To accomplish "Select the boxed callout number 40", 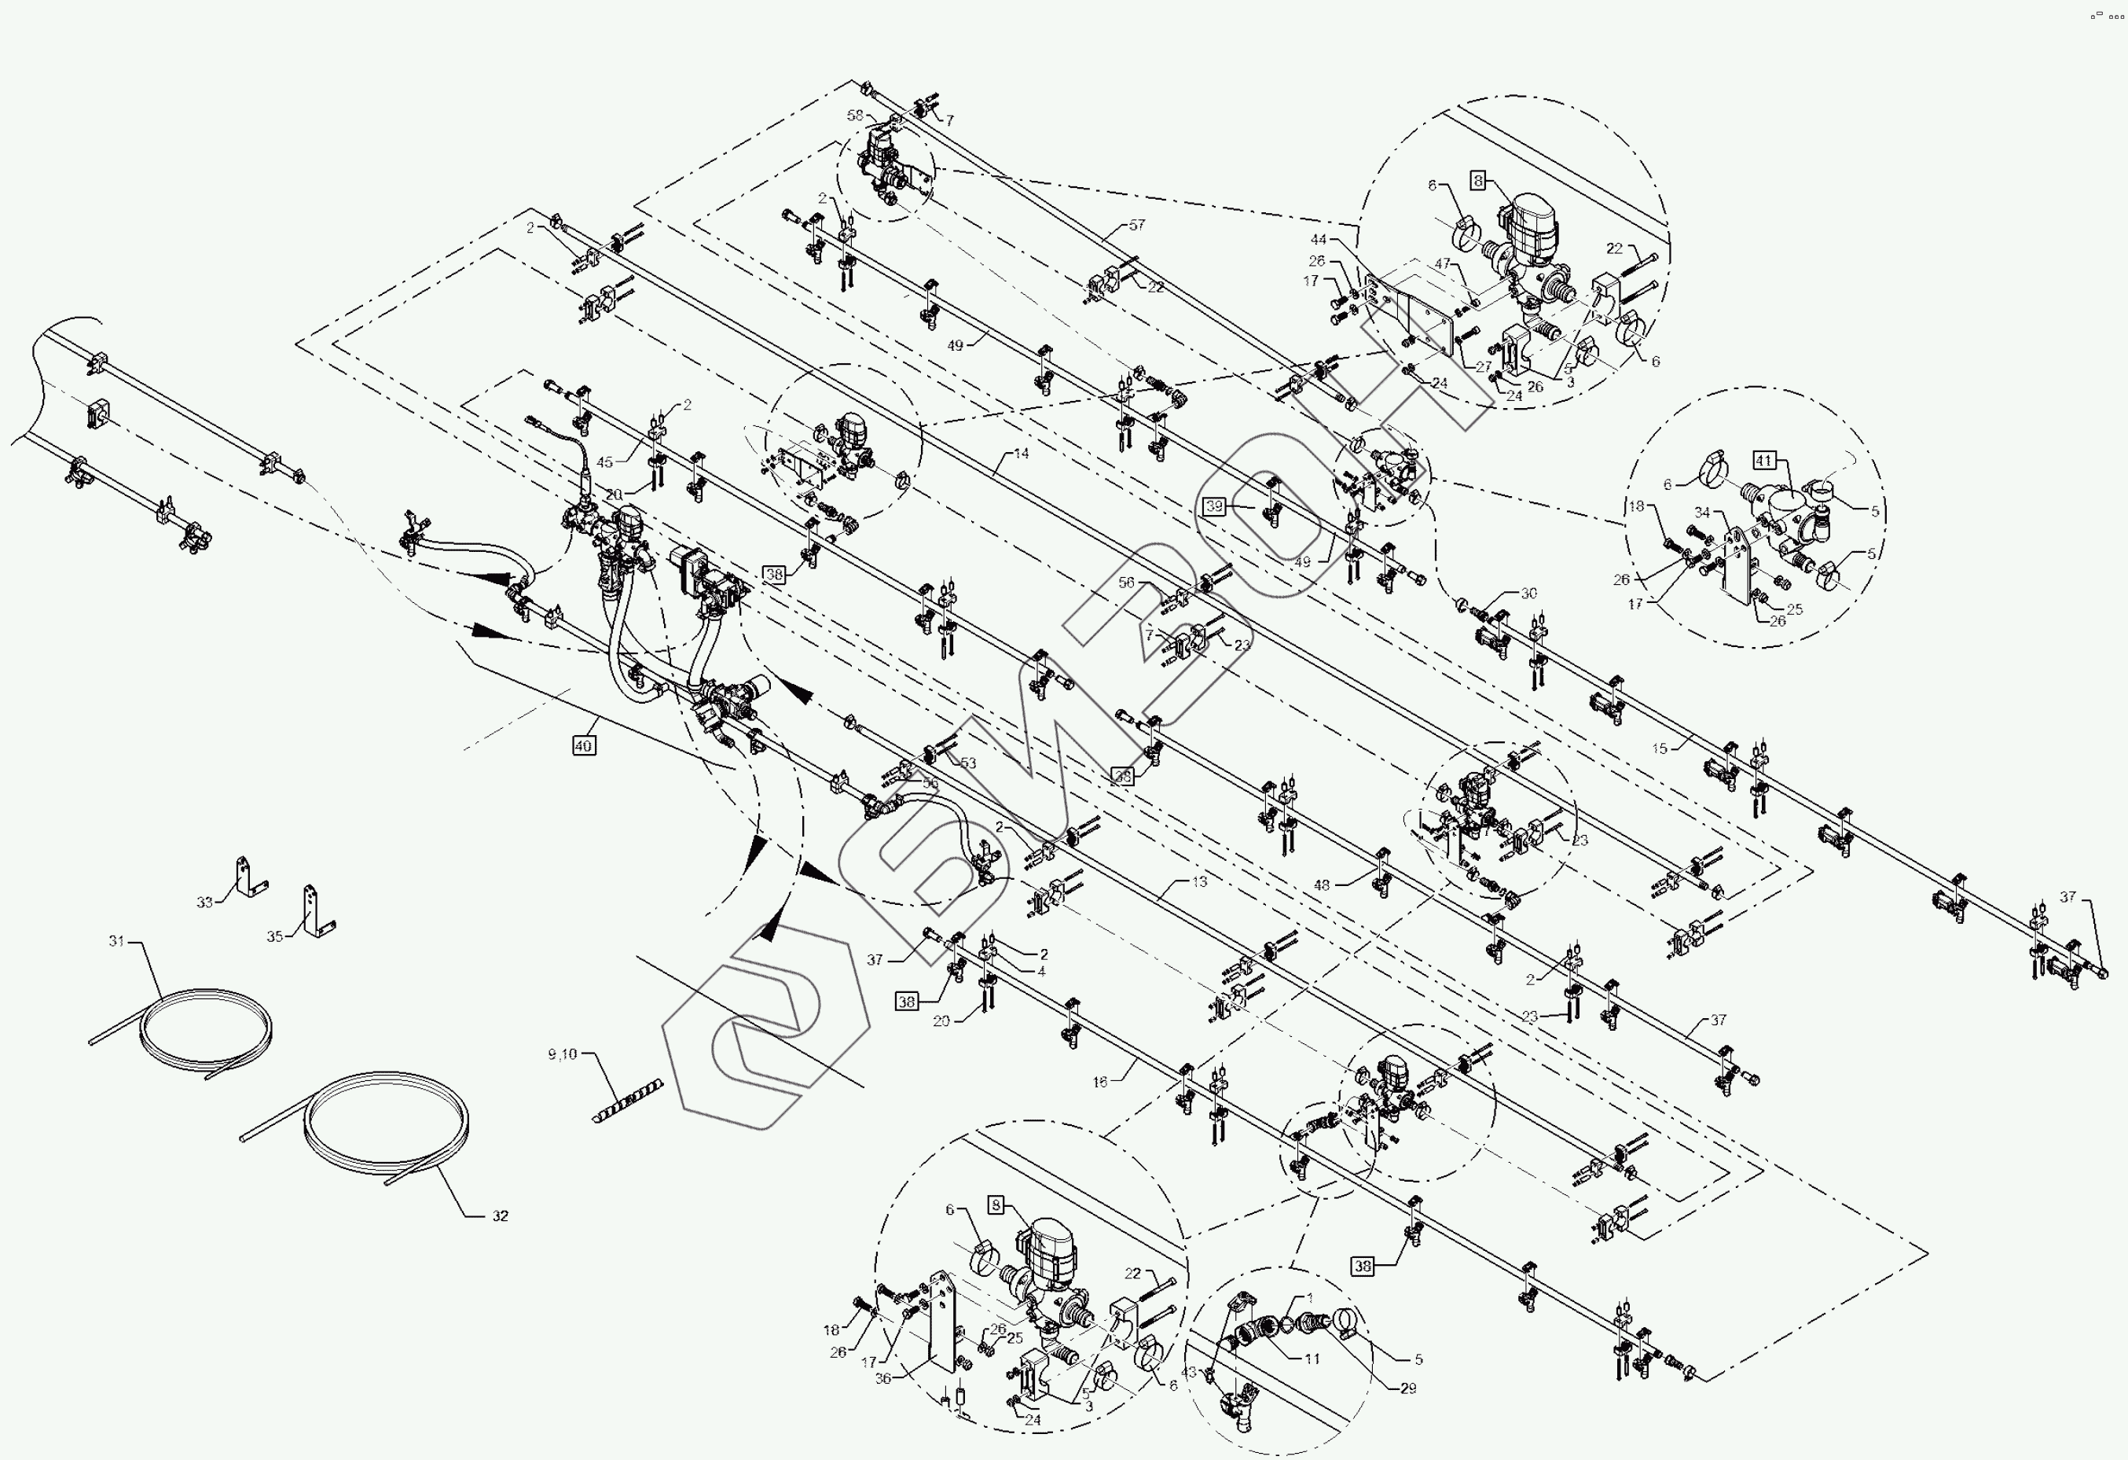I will [x=583, y=745].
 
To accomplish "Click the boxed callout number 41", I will [x=1764, y=461].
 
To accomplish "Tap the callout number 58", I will [x=855, y=116].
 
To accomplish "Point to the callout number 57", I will [x=1136, y=224].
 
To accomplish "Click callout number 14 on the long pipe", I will [x=1021, y=453].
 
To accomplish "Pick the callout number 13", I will [x=1199, y=881].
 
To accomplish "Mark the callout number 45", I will [x=604, y=462].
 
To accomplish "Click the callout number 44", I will [x=1318, y=240].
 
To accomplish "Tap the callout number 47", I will [x=1443, y=264].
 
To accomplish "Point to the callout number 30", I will [x=1529, y=594].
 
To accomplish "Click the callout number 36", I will [x=882, y=1377].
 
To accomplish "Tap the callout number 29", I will [x=1408, y=1388].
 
